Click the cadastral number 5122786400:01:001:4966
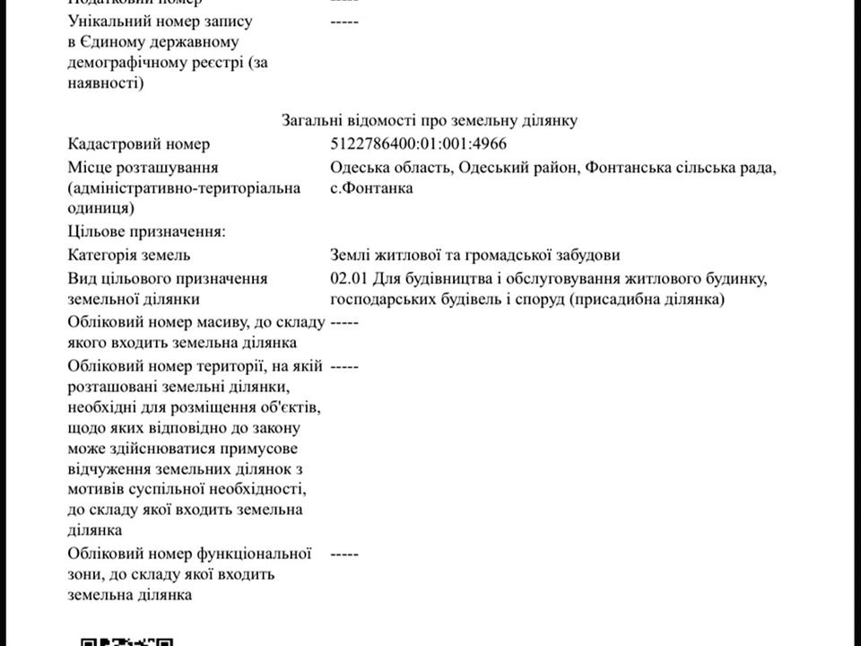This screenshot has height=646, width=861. pyautogui.click(x=424, y=144)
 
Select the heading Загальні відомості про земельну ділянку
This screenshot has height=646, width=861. pyautogui.click(x=430, y=120)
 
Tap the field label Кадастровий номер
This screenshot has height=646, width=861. pyautogui.click(x=139, y=144)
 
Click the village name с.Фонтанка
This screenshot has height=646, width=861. pyautogui.click(x=371, y=188)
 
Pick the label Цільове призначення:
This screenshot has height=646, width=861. pyautogui.click(x=146, y=232)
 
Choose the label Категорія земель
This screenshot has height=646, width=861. pyautogui.click(x=129, y=256)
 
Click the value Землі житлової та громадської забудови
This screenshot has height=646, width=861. pyautogui.click(x=475, y=256)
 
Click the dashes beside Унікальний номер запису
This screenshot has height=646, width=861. pyautogui.click(x=344, y=21)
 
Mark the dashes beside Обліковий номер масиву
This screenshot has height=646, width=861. pyautogui.click(x=344, y=321)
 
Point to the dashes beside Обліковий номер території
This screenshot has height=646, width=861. pyautogui.click(x=344, y=366)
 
